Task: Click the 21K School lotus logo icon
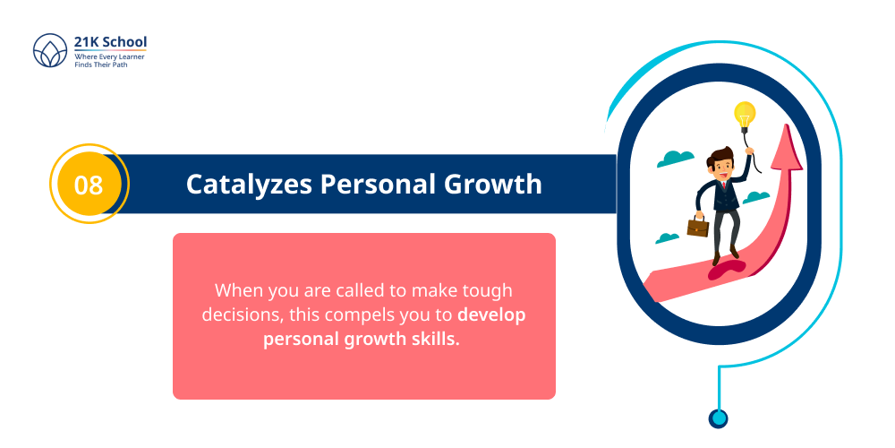50,50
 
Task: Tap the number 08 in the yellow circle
88,185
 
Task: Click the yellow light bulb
745,115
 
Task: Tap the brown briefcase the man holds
697,225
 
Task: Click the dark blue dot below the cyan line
718,418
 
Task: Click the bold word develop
492,315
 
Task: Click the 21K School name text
111,42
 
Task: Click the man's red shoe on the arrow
717,261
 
